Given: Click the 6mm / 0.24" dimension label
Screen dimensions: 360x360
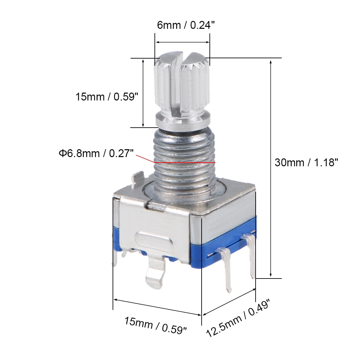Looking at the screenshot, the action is tap(186, 25).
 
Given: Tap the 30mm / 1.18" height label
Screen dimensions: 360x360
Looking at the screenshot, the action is tap(306, 163).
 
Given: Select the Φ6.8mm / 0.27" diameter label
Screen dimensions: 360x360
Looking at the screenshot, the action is tap(96, 153).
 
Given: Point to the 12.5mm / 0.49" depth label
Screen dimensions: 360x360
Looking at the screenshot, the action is tap(238, 318).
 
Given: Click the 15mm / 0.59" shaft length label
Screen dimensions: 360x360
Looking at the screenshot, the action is tap(107, 97).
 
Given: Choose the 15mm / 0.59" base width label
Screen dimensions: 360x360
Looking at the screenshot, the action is tap(155, 325).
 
